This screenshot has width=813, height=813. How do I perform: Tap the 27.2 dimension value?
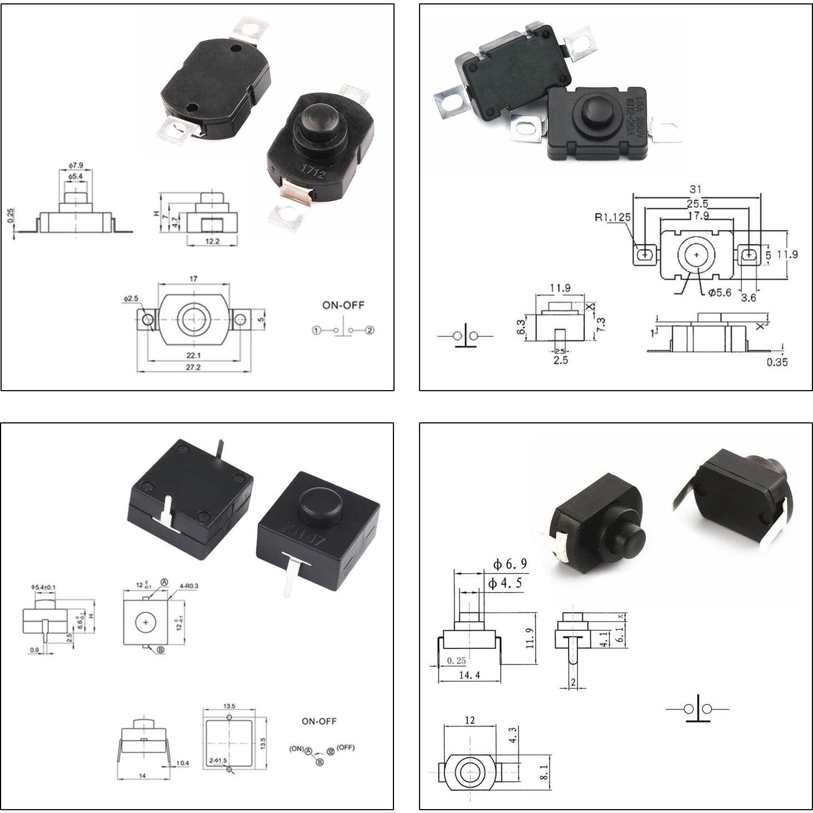tap(193, 367)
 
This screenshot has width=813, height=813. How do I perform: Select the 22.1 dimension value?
tap(193, 355)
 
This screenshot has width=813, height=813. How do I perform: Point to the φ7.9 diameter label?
tap(76, 166)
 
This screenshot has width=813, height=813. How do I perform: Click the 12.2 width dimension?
tap(212, 241)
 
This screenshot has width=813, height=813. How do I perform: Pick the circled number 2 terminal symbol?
tap(370, 331)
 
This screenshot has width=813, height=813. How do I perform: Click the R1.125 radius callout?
tap(612, 217)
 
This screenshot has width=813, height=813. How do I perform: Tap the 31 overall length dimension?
tap(696, 189)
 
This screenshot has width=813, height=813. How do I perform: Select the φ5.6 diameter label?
tap(720, 293)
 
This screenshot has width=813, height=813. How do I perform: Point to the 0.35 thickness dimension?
tap(777, 362)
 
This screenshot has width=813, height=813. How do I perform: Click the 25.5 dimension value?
tap(697, 204)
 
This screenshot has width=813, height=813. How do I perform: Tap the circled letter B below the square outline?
tap(161, 650)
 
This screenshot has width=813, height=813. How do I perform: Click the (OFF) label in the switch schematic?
tap(345, 747)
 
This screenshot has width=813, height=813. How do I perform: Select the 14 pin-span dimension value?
tap(143, 776)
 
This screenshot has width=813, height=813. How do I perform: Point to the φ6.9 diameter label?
tap(510, 565)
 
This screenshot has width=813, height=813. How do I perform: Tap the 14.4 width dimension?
tap(470, 675)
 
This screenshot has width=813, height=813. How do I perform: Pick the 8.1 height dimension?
tap(544, 772)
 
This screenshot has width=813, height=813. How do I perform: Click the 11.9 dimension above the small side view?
tap(560, 288)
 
